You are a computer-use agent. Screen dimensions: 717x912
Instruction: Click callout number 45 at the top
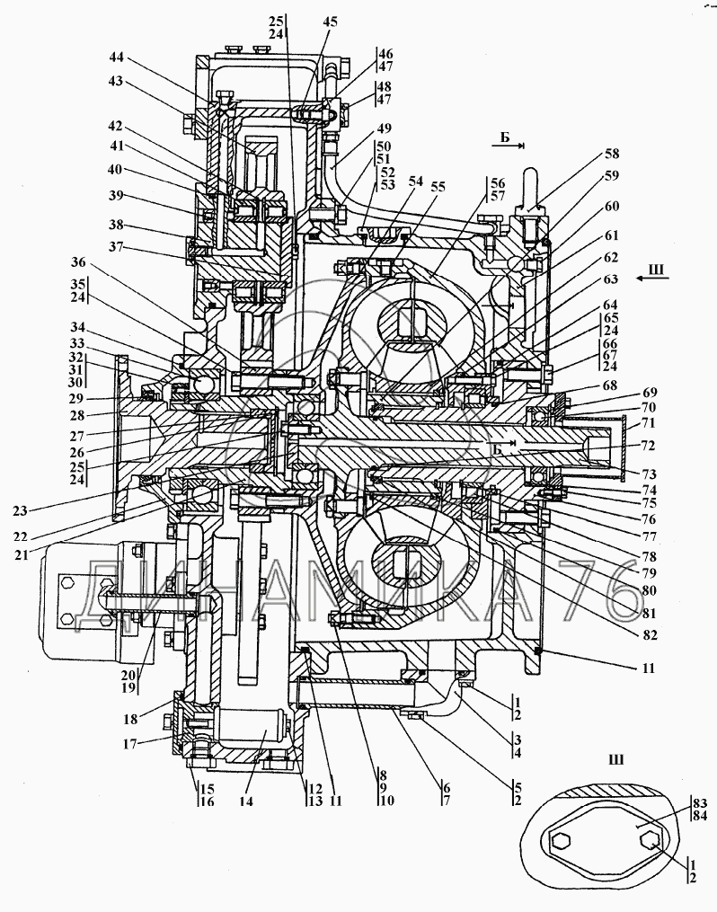coord(330,22)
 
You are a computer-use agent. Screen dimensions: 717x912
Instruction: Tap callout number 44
coord(116,57)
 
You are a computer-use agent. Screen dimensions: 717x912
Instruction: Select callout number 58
coord(612,154)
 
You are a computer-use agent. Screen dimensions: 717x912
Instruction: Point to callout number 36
coord(78,262)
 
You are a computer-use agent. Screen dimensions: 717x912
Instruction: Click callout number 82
coord(649,634)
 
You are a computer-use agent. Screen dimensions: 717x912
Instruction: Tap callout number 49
coord(384,128)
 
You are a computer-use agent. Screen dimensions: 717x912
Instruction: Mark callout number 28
coord(76,415)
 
